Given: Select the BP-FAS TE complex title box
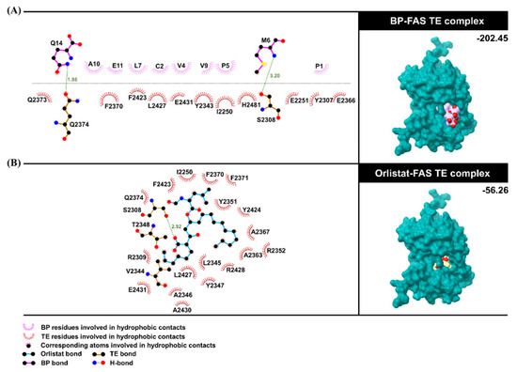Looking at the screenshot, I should (436, 18).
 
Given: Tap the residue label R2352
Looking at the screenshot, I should (275, 250).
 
